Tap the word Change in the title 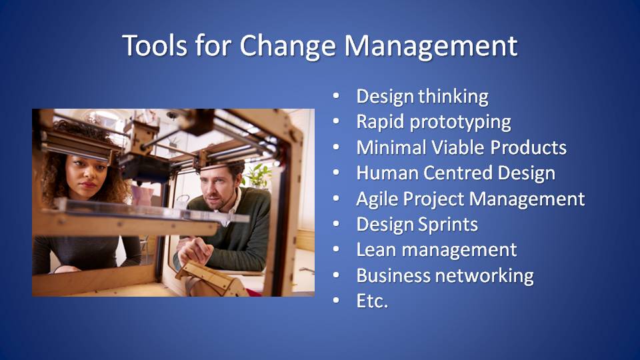pos(287,46)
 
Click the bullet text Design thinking pos(422,96)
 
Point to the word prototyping pos(460,122)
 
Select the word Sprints pos(448,225)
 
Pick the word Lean pos(376,250)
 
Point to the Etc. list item pos(372,301)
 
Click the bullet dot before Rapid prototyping pos(336,121)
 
